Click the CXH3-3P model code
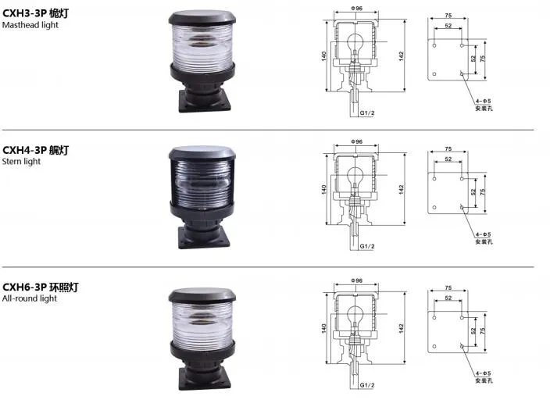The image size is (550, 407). (x=24, y=12)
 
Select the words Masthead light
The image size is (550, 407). (x=30, y=25)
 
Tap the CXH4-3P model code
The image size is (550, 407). (x=24, y=149)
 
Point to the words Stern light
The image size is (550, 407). (x=21, y=162)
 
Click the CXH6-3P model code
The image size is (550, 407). (x=24, y=287)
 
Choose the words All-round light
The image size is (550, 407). (x=29, y=298)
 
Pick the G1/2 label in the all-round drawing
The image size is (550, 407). (x=368, y=385)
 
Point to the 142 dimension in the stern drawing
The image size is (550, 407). (x=400, y=188)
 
